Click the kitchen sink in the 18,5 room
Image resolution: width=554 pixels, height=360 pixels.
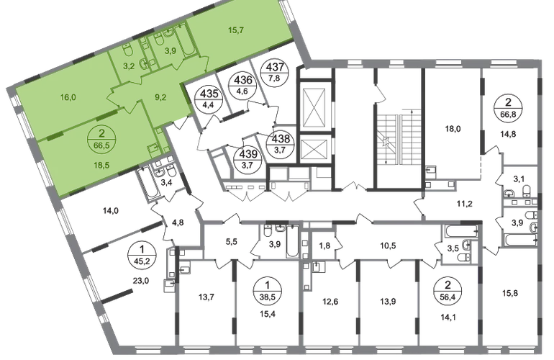pyautogui.click(x=153, y=148)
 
